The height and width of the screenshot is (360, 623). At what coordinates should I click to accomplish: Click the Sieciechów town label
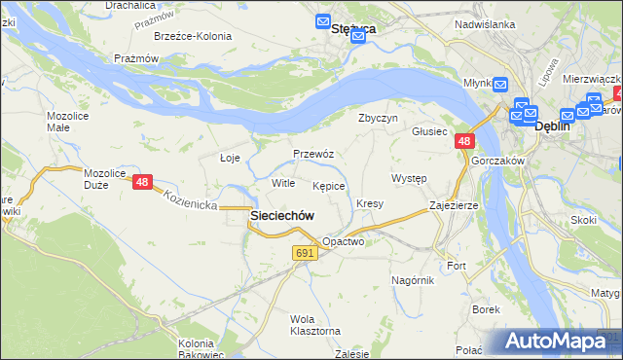(282, 216)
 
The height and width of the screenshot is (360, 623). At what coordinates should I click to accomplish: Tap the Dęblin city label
(552, 126)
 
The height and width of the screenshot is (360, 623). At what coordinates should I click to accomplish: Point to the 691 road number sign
(305, 253)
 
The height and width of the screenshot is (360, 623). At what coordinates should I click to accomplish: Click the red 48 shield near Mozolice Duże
(143, 182)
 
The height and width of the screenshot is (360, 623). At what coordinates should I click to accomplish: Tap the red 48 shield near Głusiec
(463, 142)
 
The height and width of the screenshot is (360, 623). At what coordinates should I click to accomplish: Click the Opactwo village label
(342, 242)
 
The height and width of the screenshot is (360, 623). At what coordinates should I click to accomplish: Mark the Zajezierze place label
(454, 206)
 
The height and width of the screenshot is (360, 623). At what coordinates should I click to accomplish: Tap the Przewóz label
(313, 154)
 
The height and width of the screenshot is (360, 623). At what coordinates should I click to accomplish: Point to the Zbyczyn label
(379, 119)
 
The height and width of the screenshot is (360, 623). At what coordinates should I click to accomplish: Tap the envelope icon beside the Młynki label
(499, 84)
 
